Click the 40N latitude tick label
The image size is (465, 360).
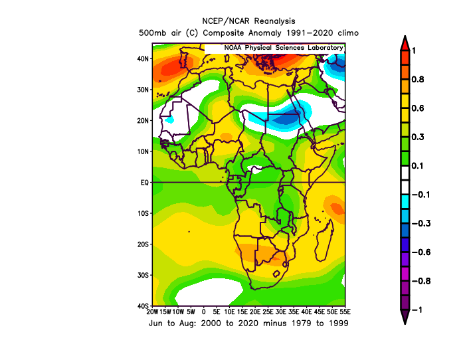(x=143, y=58)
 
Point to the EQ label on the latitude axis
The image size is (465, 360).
(x=144, y=183)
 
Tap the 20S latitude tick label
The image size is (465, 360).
(x=143, y=244)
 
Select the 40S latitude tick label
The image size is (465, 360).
(x=143, y=306)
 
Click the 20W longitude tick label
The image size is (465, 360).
(x=152, y=312)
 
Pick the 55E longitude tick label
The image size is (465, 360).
(x=345, y=312)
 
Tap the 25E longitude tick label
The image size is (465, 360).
(x=268, y=312)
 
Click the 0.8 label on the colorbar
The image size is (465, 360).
(x=418, y=80)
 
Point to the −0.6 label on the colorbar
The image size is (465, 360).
(x=421, y=252)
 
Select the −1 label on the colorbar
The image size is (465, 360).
(x=417, y=310)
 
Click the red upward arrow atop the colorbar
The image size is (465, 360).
(x=405, y=43)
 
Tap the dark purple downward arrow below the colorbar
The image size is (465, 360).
(x=405, y=317)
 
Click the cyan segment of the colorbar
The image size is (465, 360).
(x=405, y=202)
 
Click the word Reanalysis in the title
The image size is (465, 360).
(x=274, y=21)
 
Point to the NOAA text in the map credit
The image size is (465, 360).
(x=232, y=48)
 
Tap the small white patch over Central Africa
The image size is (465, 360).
(x=255, y=169)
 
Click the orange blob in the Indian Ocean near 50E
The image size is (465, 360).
(x=335, y=209)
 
